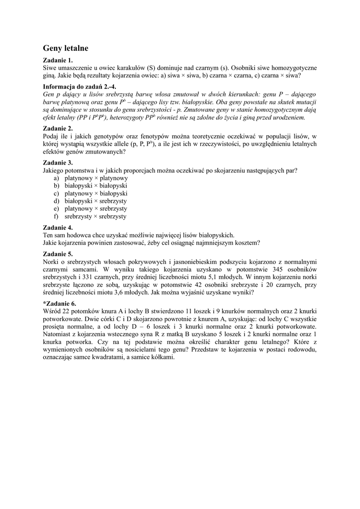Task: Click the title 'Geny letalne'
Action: click(66, 48)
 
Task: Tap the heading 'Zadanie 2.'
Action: click(58, 128)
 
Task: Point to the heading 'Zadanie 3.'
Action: click(58, 163)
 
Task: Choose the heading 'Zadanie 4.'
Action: click(58, 228)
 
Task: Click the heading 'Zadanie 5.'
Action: click(58, 254)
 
